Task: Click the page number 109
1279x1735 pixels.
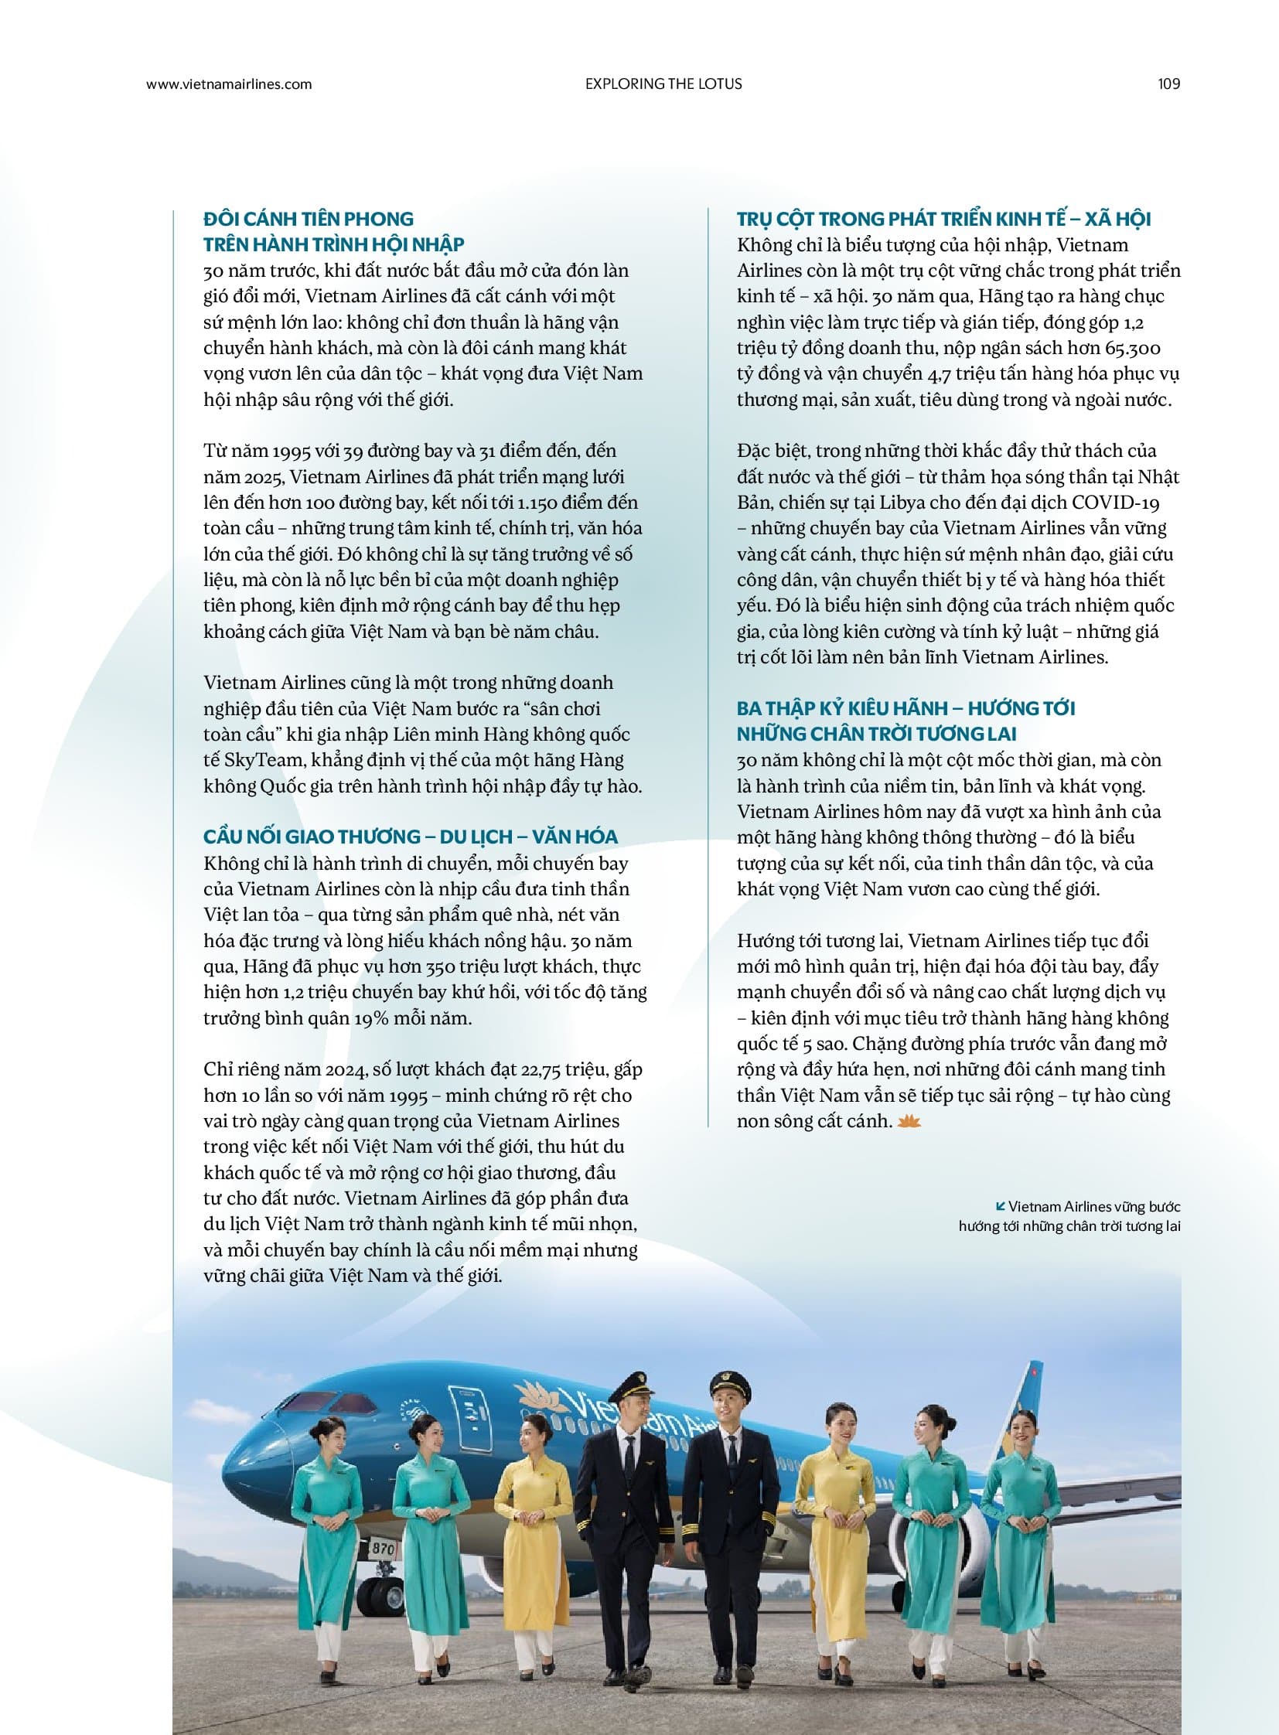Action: (1168, 84)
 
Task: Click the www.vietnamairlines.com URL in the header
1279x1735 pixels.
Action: (228, 84)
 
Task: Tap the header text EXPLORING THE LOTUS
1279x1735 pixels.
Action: (663, 84)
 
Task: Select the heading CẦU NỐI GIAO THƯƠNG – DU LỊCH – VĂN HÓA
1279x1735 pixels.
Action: (411, 837)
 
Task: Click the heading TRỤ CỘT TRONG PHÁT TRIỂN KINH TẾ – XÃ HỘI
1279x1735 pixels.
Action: (943, 219)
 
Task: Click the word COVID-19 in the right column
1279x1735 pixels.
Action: (1116, 503)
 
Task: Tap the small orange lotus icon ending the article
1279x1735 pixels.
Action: (909, 1121)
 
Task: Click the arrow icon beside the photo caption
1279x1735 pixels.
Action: (1000, 1206)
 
